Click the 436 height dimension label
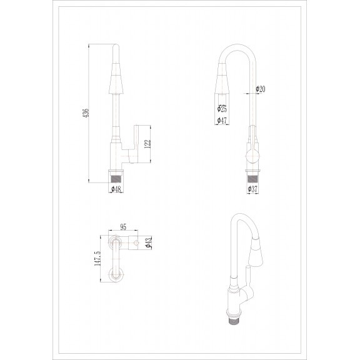coord(86,113)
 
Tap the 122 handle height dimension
coord(147,144)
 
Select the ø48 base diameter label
coord(116,189)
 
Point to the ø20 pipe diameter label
coord(261,89)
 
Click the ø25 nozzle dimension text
coord(222,109)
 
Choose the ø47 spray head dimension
coord(222,120)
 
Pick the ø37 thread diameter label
coord(252,189)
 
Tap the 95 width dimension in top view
coord(123,227)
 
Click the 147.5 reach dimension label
coord(97,259)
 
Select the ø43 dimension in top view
coord(149,242)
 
